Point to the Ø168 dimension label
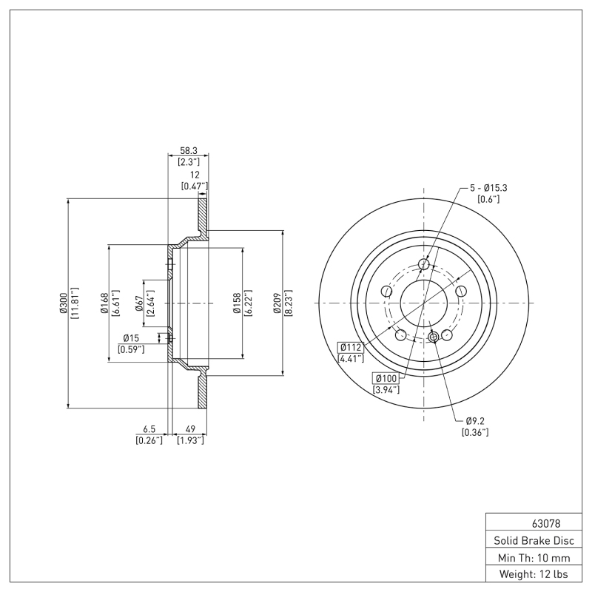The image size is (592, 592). click(104, 303)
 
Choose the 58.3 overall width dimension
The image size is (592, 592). click(188, 149)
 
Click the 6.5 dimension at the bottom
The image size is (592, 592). click(148, 428)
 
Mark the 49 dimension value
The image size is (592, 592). click(189, 428)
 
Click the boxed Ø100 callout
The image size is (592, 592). click(386, 377)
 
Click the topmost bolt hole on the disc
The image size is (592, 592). click(424, 265)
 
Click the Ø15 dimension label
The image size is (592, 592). click(131, 338)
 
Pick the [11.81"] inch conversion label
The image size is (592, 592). click(74, 303)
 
